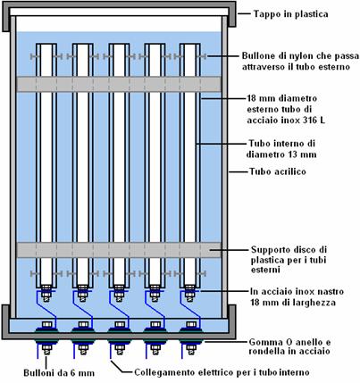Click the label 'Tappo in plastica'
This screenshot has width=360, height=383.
click(290, 14)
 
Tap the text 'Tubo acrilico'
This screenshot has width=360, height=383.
click(278, 171)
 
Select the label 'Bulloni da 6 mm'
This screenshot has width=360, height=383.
click(59, 373)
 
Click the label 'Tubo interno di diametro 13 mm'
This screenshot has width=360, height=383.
click(281, 149)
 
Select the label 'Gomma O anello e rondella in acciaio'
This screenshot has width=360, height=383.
click(289, 346)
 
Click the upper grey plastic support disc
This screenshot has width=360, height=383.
click(119, 84)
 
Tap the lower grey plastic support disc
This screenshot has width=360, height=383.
click(119, 250)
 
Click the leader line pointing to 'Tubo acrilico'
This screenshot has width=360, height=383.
click(238, 171)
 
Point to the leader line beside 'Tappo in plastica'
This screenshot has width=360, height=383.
click(244, 13)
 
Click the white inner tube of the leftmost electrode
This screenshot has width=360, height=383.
click(46, 164)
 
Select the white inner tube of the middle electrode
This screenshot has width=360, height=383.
click(119, 164)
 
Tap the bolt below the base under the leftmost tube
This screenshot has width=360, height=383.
click(46, 349)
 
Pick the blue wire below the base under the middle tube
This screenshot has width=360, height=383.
click(110, 351)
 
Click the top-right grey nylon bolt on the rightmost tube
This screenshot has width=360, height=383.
click(203, 56)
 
